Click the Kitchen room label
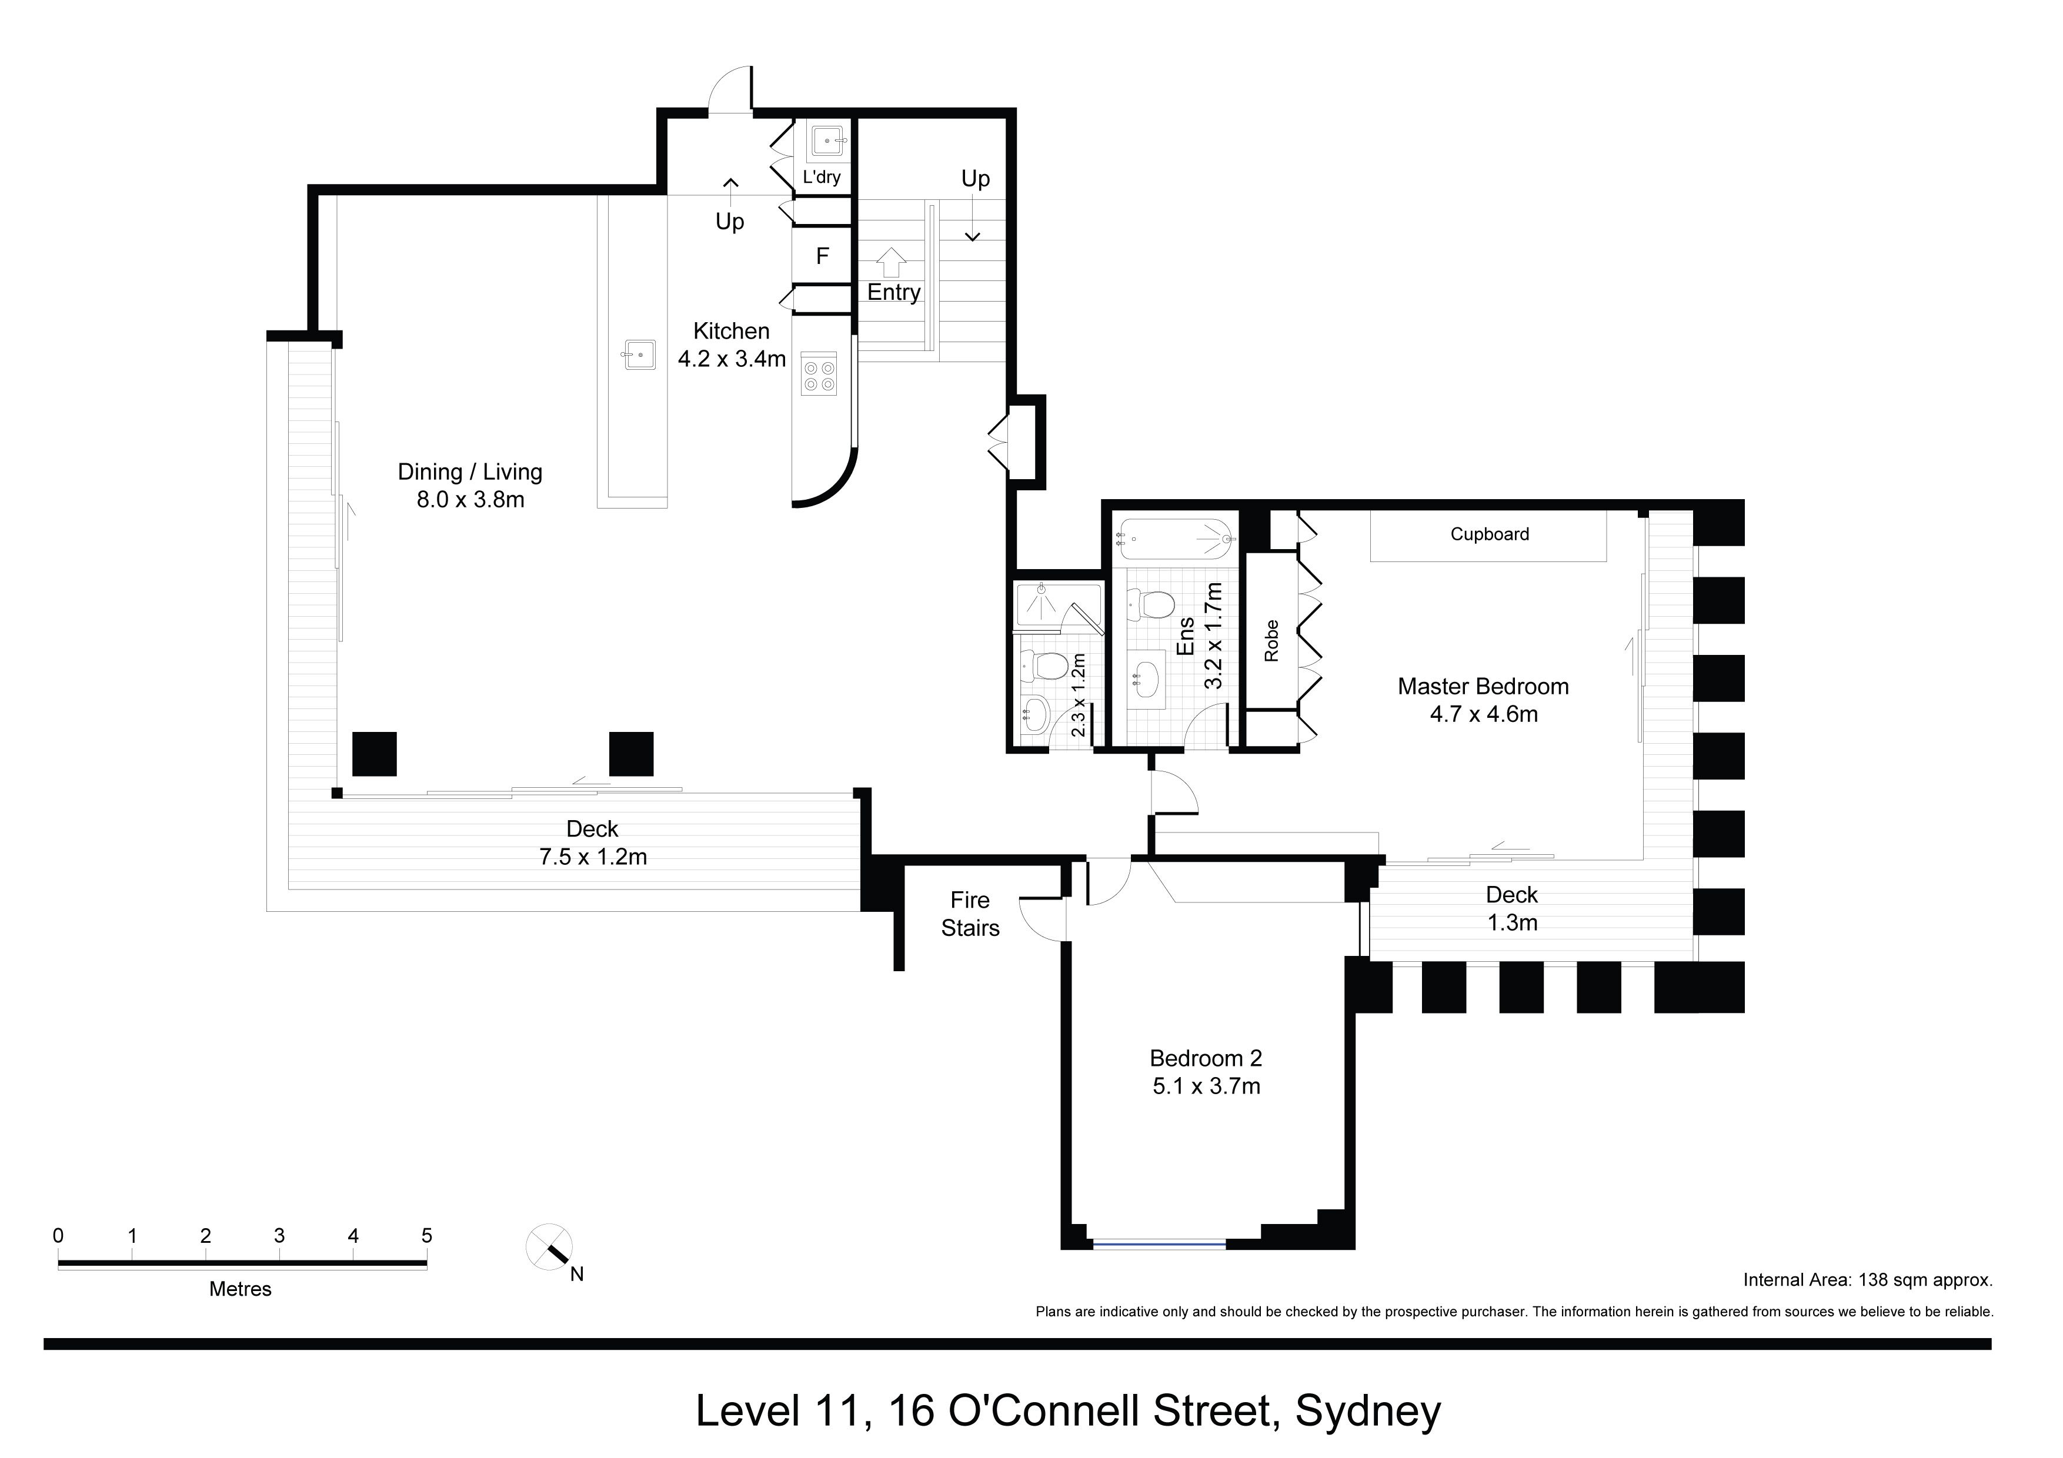[732, 332]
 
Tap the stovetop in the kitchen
[819, 374]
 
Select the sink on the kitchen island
[640, 354]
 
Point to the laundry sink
[827, 141]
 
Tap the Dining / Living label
[470, 473]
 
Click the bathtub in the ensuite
[1175, 540]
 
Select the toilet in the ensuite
[1152, 604]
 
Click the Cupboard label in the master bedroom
[1490, 534]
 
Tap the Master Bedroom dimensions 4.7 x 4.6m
[1484, 715]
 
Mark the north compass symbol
[550, 1248]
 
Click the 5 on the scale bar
[427, 1236]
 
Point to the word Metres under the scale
[240, 1289]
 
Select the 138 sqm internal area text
[1868, 1280]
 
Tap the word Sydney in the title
[1367, 1412]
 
